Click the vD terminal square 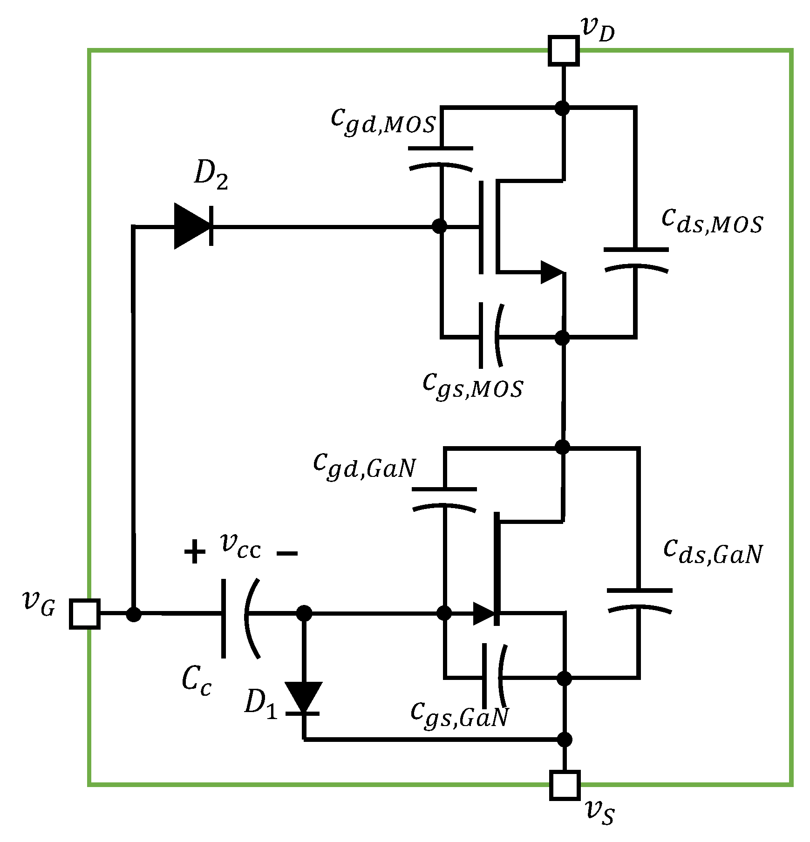coord(564,50)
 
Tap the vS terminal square coord(565,785)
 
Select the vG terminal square coord(85,614)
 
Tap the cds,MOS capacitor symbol coord(635,259)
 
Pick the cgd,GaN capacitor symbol coord(444,498)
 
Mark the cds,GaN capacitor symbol coord(639,599)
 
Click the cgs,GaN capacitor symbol coord(493,676)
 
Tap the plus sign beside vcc coord(195,552)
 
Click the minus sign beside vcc coord(287,553)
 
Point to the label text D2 coord(211,175)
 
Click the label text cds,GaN coord(713,552)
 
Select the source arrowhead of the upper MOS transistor coord(551,272)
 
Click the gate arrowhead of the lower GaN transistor coord(484,613)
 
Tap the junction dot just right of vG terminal coord(134,614)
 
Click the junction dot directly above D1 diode coord(304,613)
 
